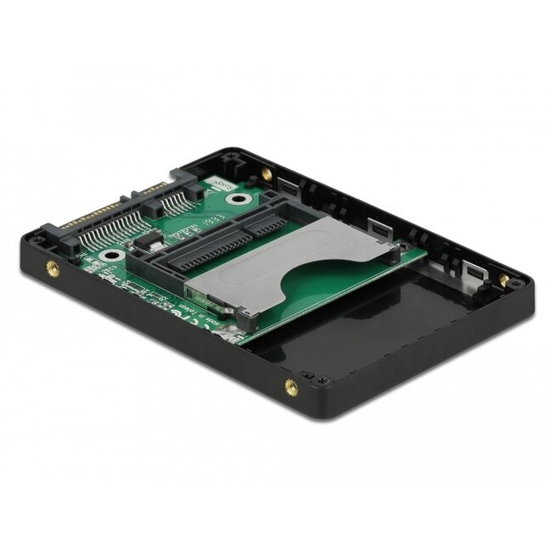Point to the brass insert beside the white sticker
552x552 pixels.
click(268, 173)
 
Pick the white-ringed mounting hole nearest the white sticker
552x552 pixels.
click(243, 202)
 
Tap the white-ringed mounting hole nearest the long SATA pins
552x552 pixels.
click(108, 254)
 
